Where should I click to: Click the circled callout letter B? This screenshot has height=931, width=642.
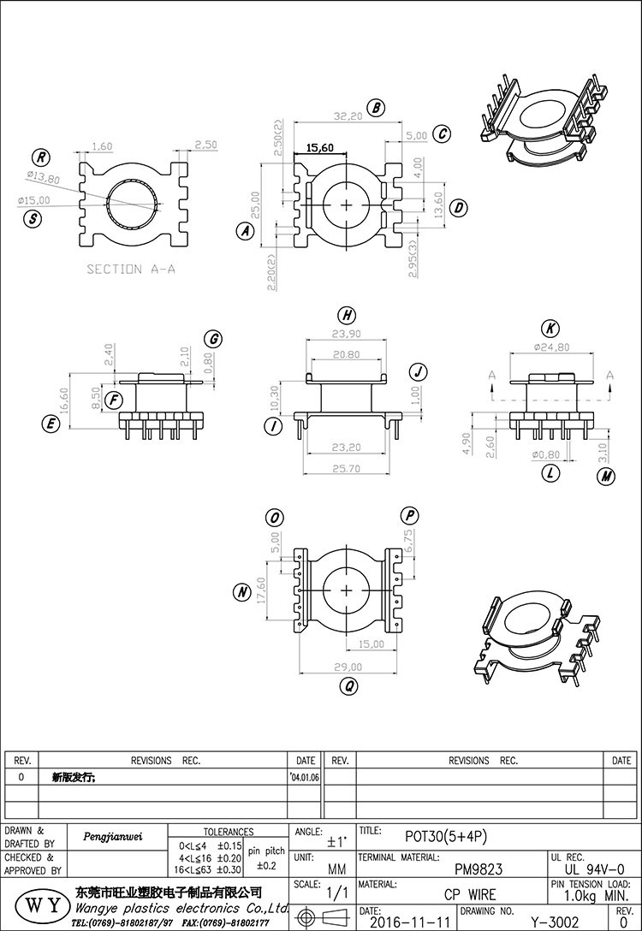click(x=375, y=108)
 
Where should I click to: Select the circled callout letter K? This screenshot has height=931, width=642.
click(x=550, y=329)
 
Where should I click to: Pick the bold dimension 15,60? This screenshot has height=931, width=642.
click(x=319, y=148)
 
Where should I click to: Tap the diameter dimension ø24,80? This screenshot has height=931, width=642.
click(x=550, y=347)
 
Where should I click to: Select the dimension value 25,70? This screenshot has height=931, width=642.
click(x=348, y=469)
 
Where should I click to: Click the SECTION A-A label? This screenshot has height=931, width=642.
click(x=131, y=269)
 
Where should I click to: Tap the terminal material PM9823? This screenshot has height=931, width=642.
click(x=478, y=869)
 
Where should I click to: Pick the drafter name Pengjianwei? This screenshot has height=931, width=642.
click(x=112, y=837)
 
